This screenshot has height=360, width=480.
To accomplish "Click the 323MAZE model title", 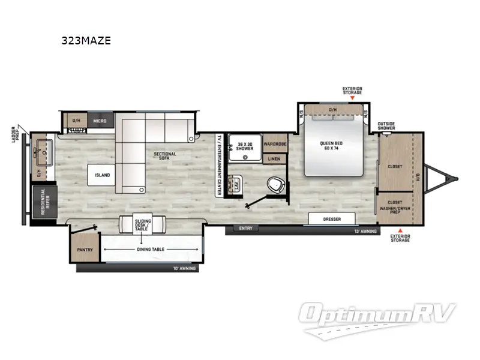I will pyautogui.click(x=86, y=41).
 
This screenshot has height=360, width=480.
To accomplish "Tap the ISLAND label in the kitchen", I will pyautogui.click(x=102, y=175).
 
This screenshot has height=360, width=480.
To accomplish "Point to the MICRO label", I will pyautogui.click(x=100, y=121).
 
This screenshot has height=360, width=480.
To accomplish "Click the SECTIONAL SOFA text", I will pyautogui.click(x=164, y=157).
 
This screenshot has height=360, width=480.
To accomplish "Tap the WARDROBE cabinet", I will pyautogui.click(x=275, y=145).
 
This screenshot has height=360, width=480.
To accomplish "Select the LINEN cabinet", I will pyautogui.click(x=274, y=159).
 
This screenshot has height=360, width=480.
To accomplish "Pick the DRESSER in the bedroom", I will pyautogui.click(x=332, y=219).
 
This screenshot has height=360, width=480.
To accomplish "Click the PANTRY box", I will pyautogui.click(x=83, y=250).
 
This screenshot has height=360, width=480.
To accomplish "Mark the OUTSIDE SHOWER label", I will pyautogui.click(x=386, y=126).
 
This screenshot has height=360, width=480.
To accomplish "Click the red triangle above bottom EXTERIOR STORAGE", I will pyautogui.click(x=401, y=230).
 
